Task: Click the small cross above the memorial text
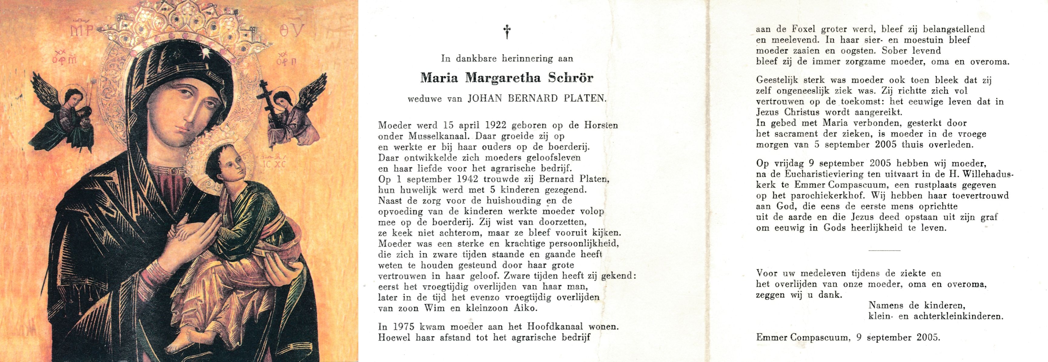coord(507,32)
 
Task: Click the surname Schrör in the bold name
coord(571,78)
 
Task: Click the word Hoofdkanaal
coord(614,327)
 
